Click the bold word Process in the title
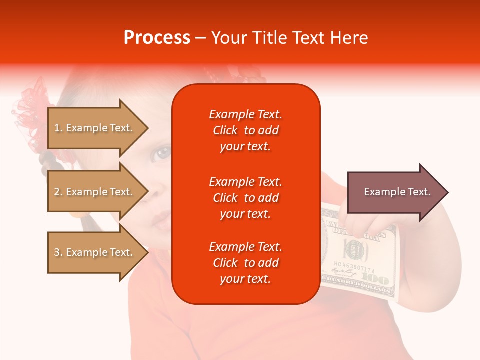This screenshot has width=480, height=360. pyautogui.click(x=157, y=38)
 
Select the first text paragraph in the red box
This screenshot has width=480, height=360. pyautogui.click(x=245, y=130)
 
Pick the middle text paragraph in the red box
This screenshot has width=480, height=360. pyautogui.click(x=245, y=198)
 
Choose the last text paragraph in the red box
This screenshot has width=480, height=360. pyautogui.click(x=245, y=263)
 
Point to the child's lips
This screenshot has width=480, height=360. pyautogui.click(x=161, y=218)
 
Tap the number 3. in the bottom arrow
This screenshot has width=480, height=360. pyautogui.click(x=58, y=252)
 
